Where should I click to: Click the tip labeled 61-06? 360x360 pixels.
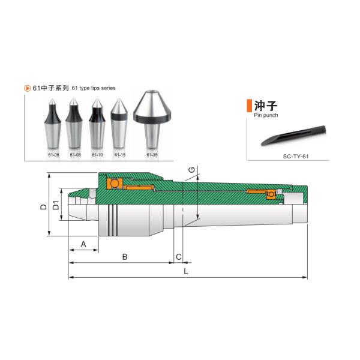53,124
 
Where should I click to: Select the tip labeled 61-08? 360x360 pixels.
74,123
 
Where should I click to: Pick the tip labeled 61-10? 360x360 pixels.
97,123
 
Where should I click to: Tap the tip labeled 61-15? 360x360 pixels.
119,124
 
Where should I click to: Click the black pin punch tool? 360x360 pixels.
293,136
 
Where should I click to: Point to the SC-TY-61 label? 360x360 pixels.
296,157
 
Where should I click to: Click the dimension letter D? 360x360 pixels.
43,206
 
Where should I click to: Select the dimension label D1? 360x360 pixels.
56,205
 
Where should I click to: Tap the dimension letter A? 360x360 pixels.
83,244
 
